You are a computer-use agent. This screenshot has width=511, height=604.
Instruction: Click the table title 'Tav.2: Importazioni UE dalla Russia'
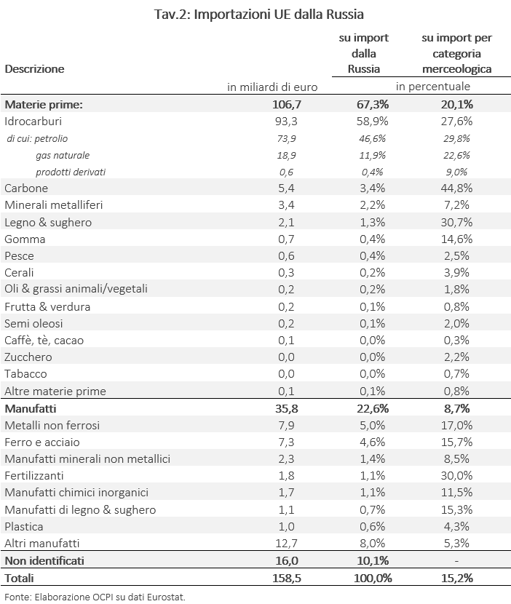(x=259, y=14)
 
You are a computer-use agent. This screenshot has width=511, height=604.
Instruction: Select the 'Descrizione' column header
(x=34, y=68)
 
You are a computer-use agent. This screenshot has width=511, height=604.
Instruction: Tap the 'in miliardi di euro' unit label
(x=272, y=87)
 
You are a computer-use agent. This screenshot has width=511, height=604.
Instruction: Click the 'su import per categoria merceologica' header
(x=456, y=53)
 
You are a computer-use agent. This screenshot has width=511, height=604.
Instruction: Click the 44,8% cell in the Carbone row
(x=456, y=188)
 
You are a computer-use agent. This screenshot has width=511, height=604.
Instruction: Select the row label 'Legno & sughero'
(x=48, y=222)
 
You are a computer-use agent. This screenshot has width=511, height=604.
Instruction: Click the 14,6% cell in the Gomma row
(x=456, y=239)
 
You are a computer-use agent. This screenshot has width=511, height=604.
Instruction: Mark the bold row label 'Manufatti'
(x=31, y=408)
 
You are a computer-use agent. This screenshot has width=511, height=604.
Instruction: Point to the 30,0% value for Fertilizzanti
(x=456, y=475)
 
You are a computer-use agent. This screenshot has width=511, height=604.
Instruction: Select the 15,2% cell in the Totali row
(x=456, y=578)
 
